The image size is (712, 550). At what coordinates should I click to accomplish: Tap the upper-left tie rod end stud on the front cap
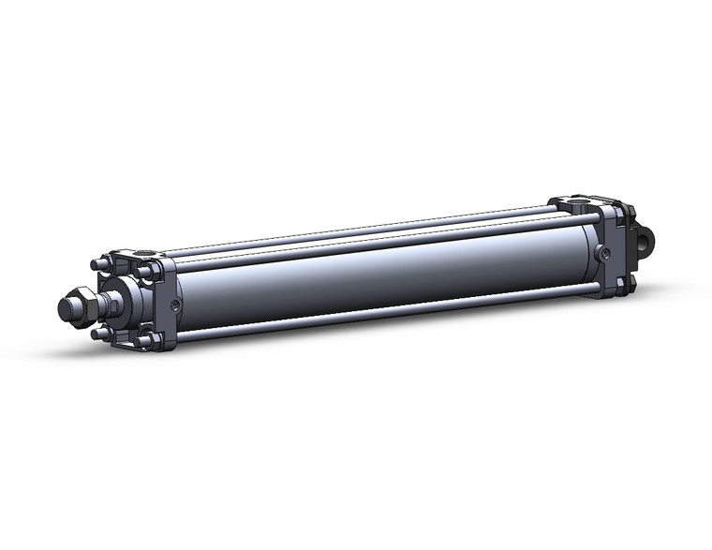pyautogui.click(x=96, y=265)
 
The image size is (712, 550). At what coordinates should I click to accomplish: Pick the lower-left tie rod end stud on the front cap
pyautogui.click(x=96, y=334)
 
